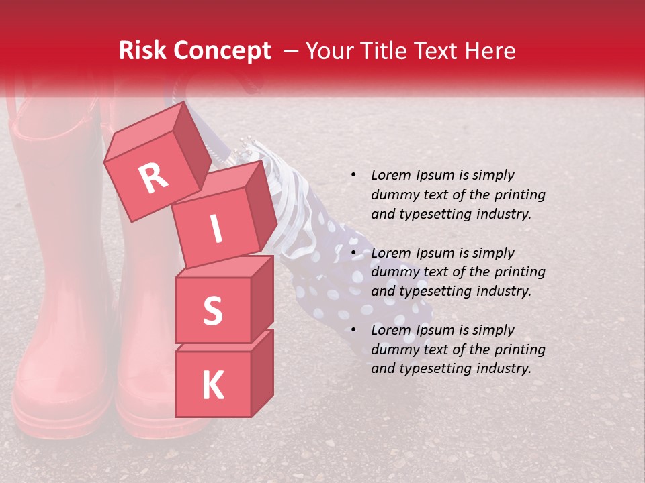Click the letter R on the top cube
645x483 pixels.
click(x=154, y=178)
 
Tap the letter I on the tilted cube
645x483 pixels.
click(x=216, y=229)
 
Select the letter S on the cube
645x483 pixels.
click(x=212, y=310)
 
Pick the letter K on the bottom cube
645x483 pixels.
click(x=212, y=386)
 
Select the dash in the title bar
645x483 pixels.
click(x=292, y=51)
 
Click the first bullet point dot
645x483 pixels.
click(x=353, y=176)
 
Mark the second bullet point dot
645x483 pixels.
click(x=353, y=254)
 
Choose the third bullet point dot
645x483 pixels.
click(x=353, y=331)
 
